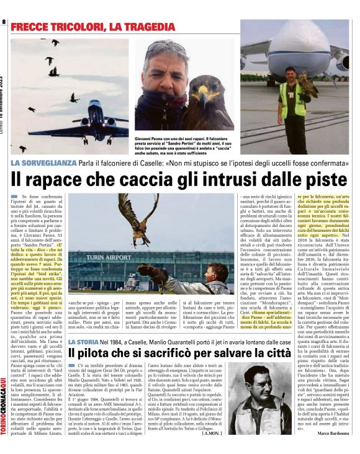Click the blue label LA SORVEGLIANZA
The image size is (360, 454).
pos(42,163)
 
